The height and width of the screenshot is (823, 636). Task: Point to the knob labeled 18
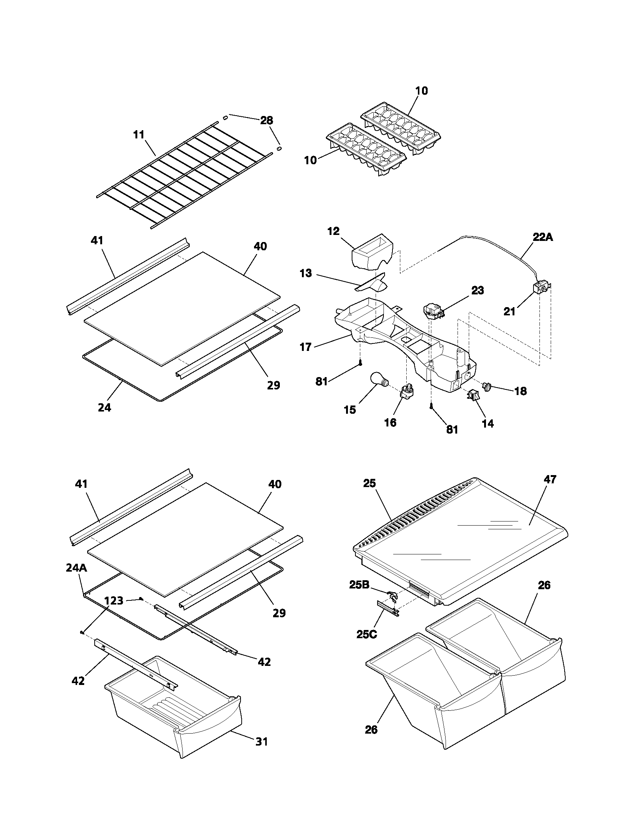487,386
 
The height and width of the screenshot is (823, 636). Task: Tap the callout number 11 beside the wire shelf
139,135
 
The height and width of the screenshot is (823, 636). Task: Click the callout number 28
266,120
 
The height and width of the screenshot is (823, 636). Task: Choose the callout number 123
113,601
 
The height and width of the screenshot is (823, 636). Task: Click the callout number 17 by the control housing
306,347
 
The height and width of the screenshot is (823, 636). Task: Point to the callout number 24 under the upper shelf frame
104,407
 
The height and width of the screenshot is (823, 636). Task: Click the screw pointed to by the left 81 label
361,363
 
